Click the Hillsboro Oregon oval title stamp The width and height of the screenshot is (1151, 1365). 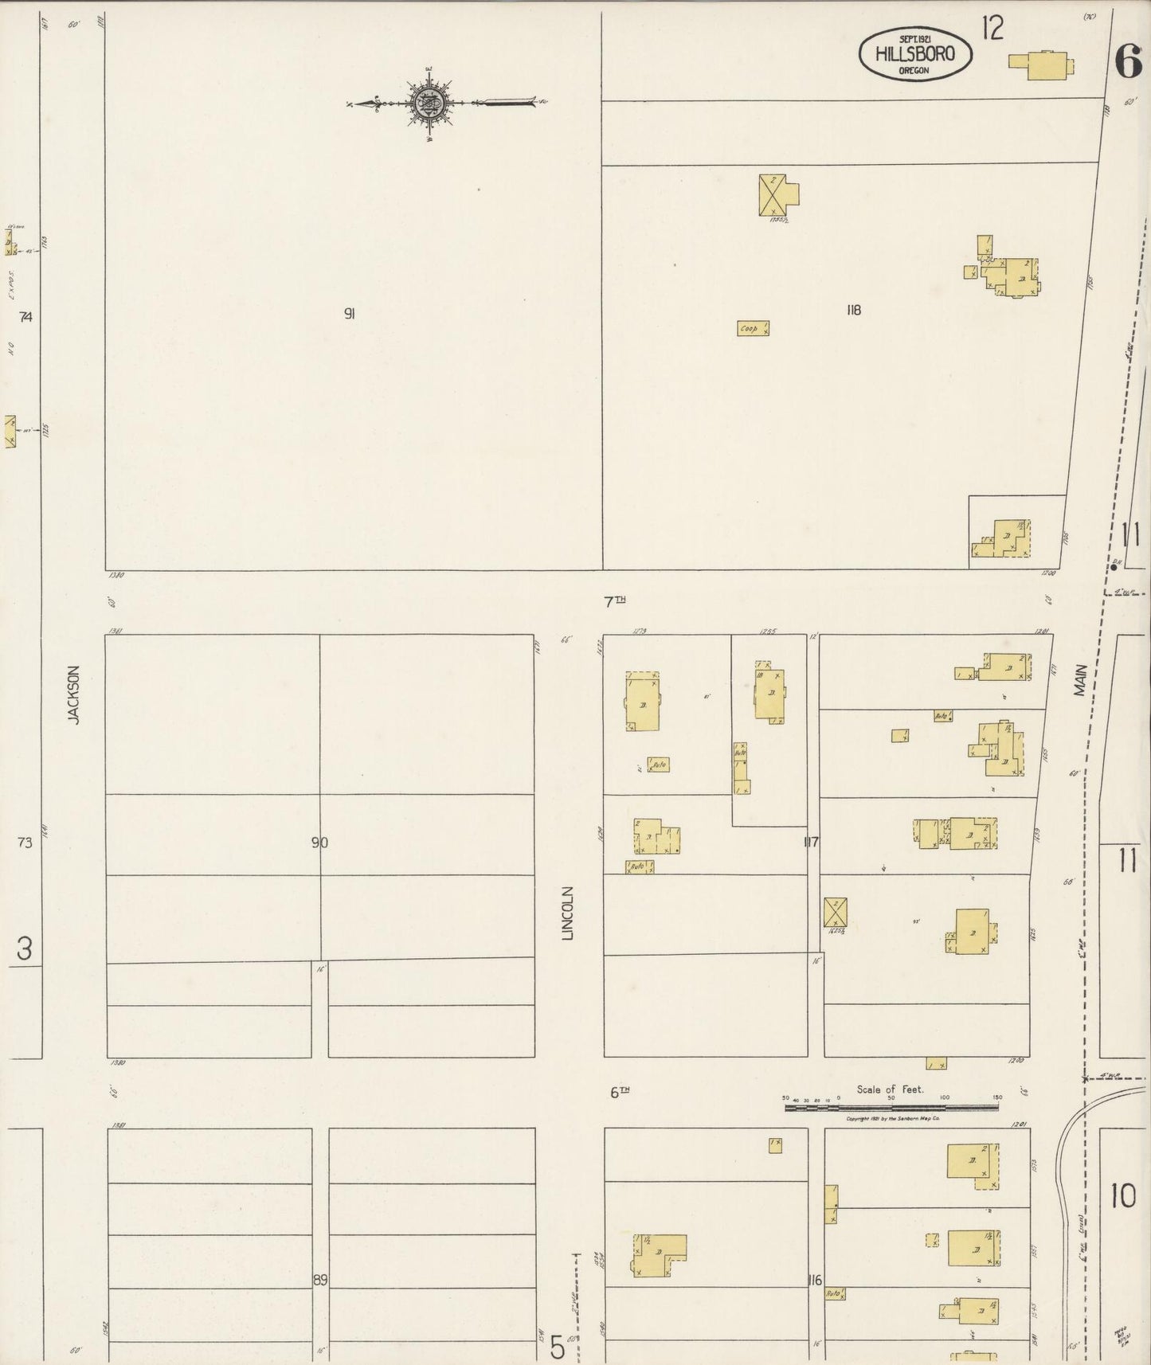[916, 54]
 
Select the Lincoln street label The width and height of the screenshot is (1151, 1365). [568, 913]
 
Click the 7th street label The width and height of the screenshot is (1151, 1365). [613, 603]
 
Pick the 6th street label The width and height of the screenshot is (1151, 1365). [620, 1093]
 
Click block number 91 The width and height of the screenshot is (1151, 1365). [349, 314]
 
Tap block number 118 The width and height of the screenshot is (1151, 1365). [854, 311]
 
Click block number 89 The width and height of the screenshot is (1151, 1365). [319, 1281]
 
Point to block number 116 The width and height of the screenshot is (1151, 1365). [813, 1281]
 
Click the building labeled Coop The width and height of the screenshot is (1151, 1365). [753, 328]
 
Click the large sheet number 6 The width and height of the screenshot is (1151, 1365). [1128, 61]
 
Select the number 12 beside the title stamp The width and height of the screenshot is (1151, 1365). [992, 29]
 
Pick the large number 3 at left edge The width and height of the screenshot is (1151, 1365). [25, 949]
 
